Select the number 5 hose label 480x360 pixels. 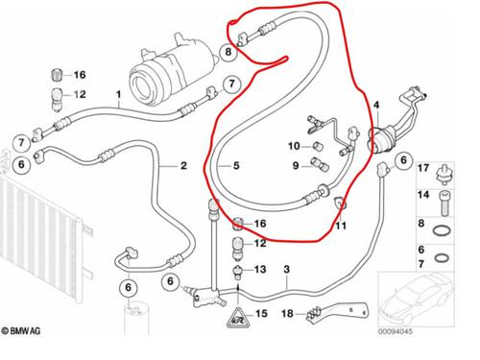coord(233,166)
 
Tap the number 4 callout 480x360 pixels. coord(377,104)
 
